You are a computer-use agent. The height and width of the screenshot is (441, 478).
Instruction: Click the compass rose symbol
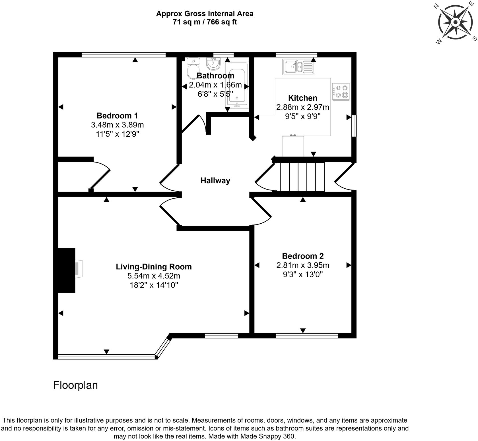[455, 22]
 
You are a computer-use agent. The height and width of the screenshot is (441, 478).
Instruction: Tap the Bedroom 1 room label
[117, 116]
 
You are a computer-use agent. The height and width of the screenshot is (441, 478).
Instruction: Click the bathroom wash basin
[213, 64]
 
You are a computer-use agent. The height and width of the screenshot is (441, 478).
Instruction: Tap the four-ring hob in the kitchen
[341, 91]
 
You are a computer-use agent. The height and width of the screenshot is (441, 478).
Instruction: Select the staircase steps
[302, 176]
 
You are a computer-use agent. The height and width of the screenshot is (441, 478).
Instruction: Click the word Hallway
[215, 181]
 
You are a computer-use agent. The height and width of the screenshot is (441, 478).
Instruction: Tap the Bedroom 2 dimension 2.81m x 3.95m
[303, 265]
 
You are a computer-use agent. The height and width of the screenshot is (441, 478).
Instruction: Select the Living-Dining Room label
[154, 267]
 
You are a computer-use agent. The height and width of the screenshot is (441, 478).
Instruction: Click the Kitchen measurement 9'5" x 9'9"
[303, 117]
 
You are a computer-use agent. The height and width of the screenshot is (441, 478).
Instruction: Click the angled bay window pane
[163, 347]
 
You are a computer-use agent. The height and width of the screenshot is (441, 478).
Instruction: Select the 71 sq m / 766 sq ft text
[205, 22]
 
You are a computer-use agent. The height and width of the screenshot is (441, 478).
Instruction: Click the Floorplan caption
[75, 385]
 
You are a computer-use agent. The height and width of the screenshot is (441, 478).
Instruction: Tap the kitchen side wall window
[354, 126]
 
